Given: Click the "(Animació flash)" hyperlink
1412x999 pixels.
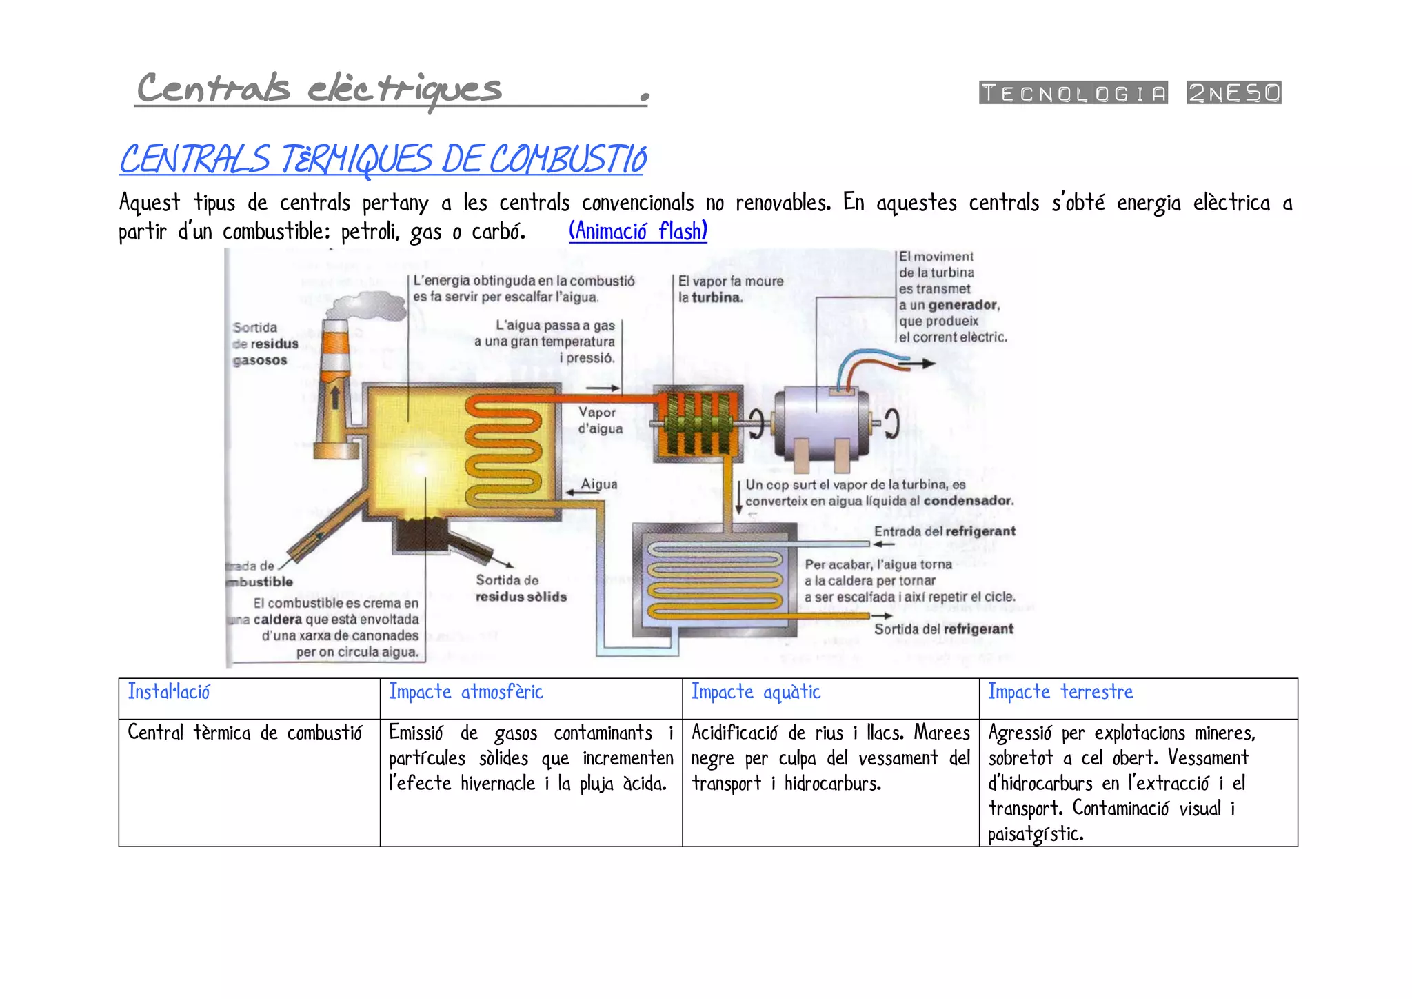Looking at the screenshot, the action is pyautogui.click(x=638, y=231).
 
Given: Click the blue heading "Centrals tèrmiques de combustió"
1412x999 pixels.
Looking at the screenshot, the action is pyautogui.click(x=383, y=159).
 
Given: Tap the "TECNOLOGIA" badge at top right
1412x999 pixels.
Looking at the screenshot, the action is pyautogui.click(x=1073, y=92).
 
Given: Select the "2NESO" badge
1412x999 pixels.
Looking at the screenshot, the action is pyautogui.click(x=1233, y=92).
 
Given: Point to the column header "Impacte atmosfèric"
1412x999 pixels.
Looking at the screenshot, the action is pyautogui.click(x=466, y=692).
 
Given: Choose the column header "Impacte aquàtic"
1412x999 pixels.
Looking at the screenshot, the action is pyautogui.click(x=756, y=692).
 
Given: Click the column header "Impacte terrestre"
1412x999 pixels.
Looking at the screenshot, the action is pyautogui.click(x=1060, y=692).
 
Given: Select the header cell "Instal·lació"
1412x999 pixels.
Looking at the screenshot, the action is pyautogui.click(x=169, y=692).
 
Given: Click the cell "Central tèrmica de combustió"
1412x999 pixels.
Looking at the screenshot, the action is pyautogui.click(x=245, y=733).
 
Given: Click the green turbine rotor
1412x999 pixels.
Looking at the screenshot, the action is pyautogui.click(x=696, y=424).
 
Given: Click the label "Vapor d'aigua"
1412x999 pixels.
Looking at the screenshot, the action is pyautogui.click(x=600, y=420).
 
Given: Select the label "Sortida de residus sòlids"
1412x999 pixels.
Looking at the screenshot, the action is pyautogui.click(x=521, y=588).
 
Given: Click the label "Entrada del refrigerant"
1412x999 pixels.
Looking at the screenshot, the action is pyautogui.click(x=945, y=531).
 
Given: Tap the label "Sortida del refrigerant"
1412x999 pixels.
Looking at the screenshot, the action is pyautogui.click(x=943, y=629).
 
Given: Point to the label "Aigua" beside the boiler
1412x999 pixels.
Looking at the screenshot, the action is pyautogui.click(x=598, y=484).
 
